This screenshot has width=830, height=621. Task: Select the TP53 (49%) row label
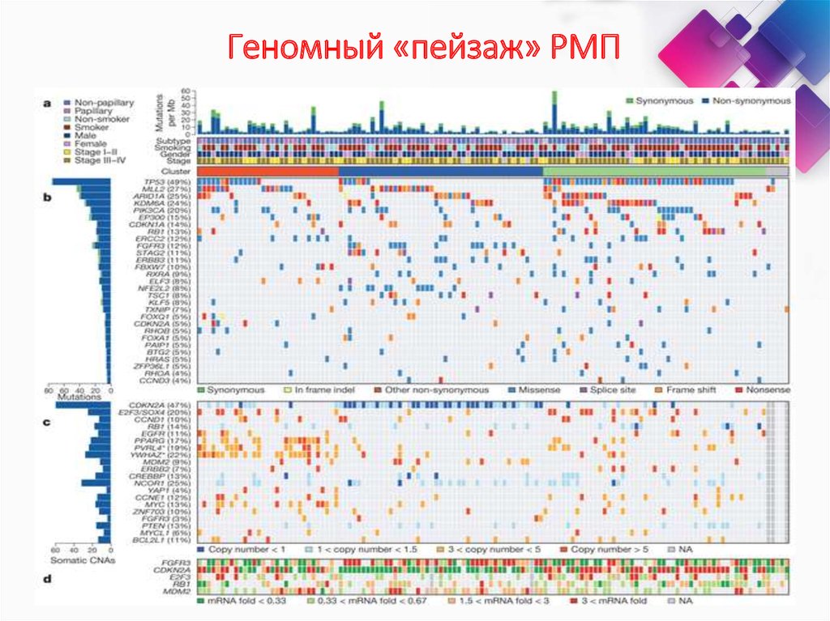169,182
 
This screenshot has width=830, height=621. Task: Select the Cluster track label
176,172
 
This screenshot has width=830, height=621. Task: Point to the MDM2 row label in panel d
179,592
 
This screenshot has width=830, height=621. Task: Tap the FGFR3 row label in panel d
179,560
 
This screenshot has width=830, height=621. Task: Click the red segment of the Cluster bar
267,172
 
